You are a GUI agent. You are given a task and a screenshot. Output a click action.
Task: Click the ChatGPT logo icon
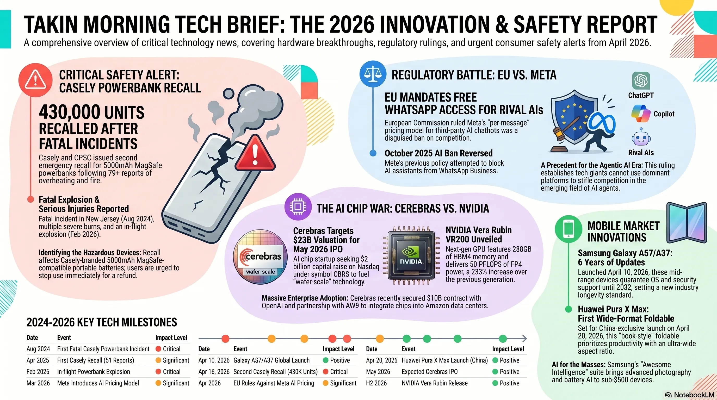pos(641,81)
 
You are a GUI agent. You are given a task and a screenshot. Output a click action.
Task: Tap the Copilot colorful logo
pos(640,114)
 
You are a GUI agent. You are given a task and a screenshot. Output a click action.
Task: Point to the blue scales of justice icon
pos(373,74)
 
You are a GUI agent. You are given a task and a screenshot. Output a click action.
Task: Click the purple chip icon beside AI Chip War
pos(298,207)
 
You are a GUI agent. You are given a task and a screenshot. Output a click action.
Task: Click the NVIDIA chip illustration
pos(411,256)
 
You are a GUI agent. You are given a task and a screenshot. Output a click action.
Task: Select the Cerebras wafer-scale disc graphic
pos(260,257)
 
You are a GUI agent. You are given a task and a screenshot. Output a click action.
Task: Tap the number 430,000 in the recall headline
pos(70,112)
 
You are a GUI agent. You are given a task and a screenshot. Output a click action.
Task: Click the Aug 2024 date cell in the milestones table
pos(38,349)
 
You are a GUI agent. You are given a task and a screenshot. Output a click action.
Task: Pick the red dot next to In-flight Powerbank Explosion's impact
pos(158,372)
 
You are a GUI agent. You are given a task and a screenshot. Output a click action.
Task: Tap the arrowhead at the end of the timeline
pos(524,339)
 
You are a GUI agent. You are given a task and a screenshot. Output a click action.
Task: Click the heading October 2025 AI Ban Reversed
pos(438,153)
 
